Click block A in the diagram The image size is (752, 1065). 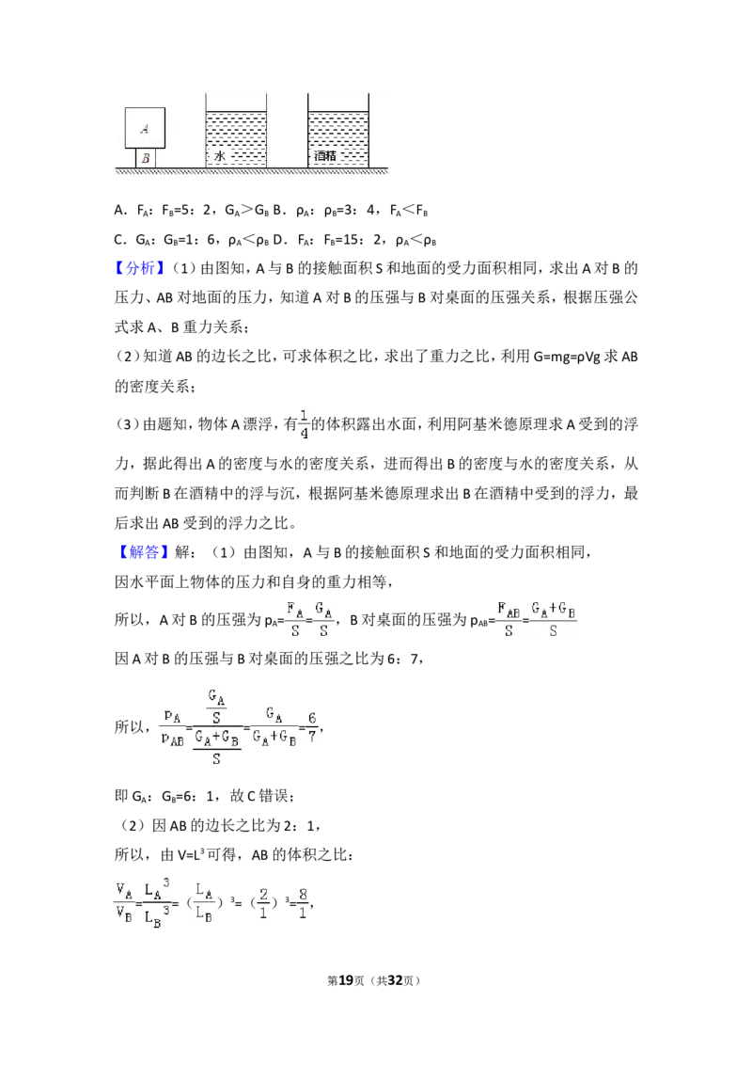tap(145, 128)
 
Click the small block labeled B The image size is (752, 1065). tap(146, 158)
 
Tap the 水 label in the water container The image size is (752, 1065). tap(219, 156)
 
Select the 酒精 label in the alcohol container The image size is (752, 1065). tap(325, 156)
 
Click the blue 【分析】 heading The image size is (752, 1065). tap(140, 268)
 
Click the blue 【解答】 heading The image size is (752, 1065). tap(140, 552)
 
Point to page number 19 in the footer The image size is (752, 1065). tap(346, 980)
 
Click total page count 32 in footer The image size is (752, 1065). tap(394, 980)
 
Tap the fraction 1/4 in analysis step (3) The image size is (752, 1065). tap(304, 423)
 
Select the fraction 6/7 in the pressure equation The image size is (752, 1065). tap(311, 726)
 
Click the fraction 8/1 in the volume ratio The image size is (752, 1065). tap(303, 903)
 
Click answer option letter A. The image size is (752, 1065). tap(119, 211)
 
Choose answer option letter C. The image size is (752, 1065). tap(119, 240)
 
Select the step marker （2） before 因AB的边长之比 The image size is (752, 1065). tap(131, 825)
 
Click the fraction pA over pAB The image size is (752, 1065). tap(172, 727)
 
